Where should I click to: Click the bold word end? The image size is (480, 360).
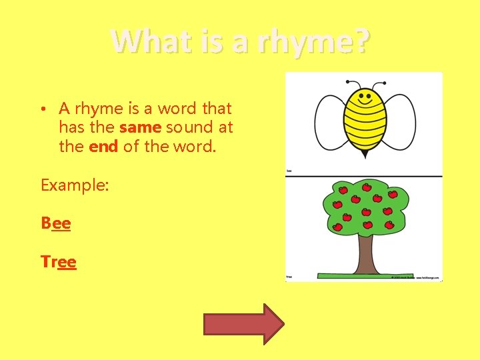[x=103, y=146]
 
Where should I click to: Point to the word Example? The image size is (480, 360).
[x=75, y=185]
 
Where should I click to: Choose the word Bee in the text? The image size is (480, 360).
[x=56, y=223]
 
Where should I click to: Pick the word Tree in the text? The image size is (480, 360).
[x=59, y=262]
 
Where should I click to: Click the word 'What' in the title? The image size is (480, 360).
[x=141, y=42]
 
